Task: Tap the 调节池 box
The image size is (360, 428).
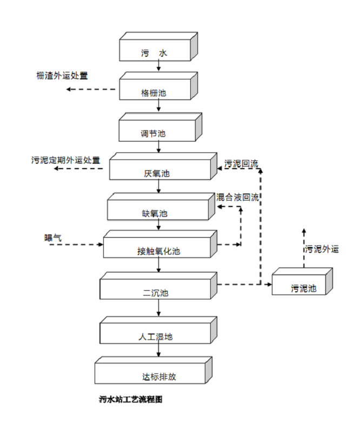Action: point(157,130)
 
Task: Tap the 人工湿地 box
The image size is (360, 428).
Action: point(155,332)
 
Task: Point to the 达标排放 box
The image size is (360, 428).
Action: point(151,372)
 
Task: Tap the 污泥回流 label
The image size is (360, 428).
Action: point(242,163)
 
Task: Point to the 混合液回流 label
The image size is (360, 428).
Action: point(237,197)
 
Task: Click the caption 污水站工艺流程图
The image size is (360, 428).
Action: point(131,400)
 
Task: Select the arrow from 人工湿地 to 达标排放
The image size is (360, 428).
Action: point(158,350)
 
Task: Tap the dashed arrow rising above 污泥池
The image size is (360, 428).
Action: point(304,249)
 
